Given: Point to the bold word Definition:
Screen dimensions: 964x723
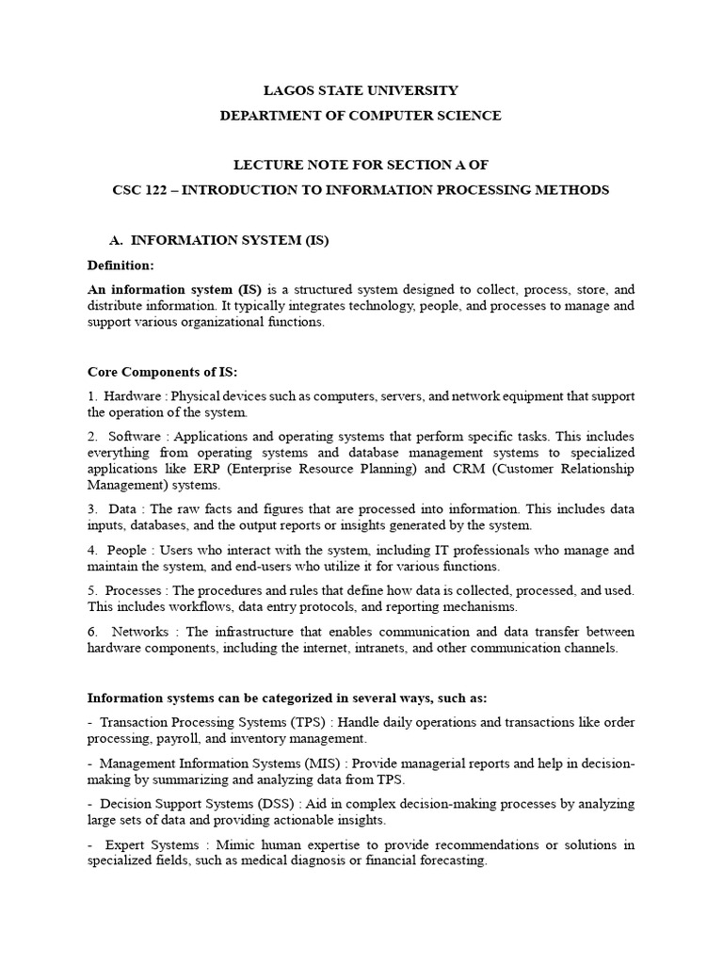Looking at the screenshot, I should coord(120,265).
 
